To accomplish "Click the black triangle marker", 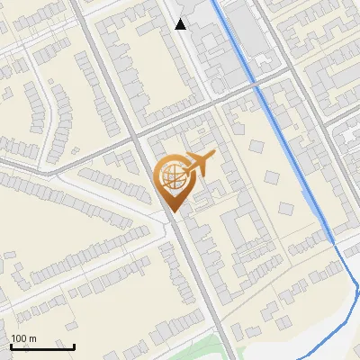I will [x=181, y=24].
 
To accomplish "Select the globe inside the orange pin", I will [x=172, y=176].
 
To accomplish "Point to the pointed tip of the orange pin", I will [x=172, y=211].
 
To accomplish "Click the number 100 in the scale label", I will [x=19, y=338].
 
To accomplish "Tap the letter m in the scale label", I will [x=32, y=338].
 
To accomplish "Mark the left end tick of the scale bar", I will [x=11, y=346].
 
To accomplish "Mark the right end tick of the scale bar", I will [x=74, y=346].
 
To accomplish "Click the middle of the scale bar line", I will [x=42, y=347].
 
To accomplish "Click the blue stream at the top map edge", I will [x=213, y=2].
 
